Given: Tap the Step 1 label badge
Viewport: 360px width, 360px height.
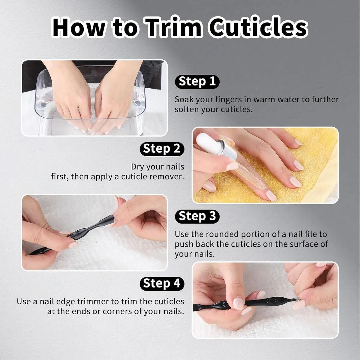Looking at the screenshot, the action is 197,82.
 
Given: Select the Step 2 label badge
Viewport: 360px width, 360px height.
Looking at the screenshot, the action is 162,149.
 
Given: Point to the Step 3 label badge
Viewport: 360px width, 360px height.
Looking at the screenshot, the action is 197,216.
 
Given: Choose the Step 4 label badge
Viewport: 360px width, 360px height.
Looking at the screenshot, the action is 162,283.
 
